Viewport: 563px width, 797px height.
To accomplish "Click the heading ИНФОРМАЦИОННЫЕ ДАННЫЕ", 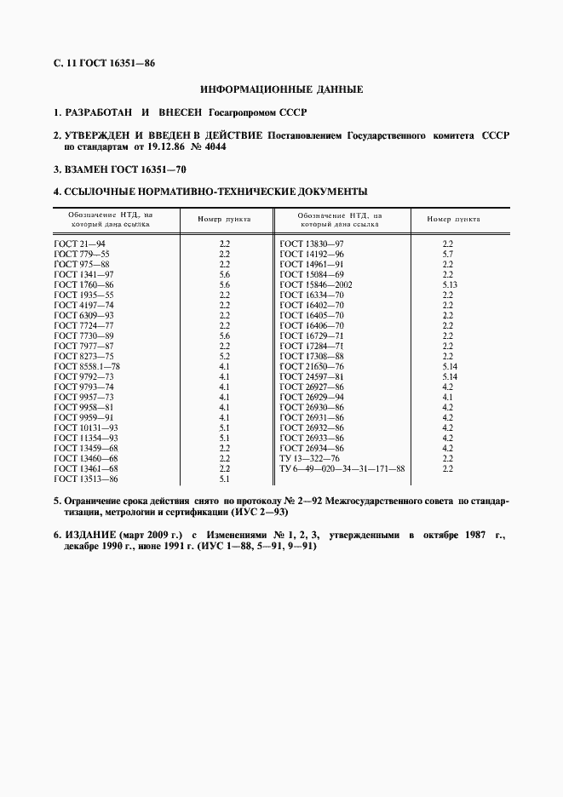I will coord(281,89).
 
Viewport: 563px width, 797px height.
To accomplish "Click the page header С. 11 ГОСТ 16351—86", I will coord(103,64).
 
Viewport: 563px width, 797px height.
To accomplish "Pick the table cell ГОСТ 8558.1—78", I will coord(87,365).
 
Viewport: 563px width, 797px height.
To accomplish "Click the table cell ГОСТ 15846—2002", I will coord(316,284).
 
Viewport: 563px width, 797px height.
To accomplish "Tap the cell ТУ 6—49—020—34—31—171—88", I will coord(342,468).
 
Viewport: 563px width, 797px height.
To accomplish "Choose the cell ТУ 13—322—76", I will coord(308,458).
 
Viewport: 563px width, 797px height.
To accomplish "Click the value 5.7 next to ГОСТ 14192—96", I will coord(447,254).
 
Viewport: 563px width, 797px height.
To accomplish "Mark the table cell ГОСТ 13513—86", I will coord(85,479).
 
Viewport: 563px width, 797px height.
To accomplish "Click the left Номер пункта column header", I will coord(225,220).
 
